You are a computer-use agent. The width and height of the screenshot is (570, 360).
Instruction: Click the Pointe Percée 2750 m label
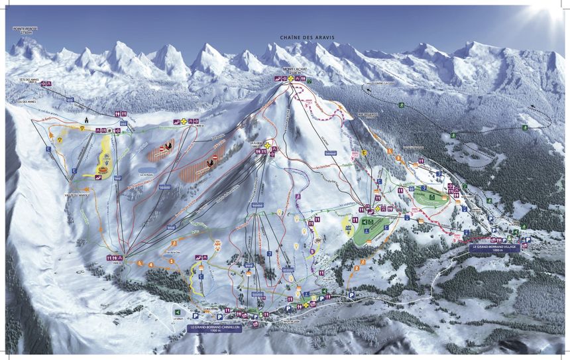tap(22, 30)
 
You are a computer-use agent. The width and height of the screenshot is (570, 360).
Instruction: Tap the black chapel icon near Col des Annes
tap(85, 120)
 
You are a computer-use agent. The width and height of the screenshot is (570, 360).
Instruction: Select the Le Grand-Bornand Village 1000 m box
tap(496, 248)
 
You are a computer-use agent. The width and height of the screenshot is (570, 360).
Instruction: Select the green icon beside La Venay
tap(177, 311)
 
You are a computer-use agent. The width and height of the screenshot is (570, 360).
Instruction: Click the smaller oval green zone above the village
tap(431, 196)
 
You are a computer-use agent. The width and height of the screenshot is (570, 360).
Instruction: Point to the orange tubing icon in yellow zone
tap(104, 170)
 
